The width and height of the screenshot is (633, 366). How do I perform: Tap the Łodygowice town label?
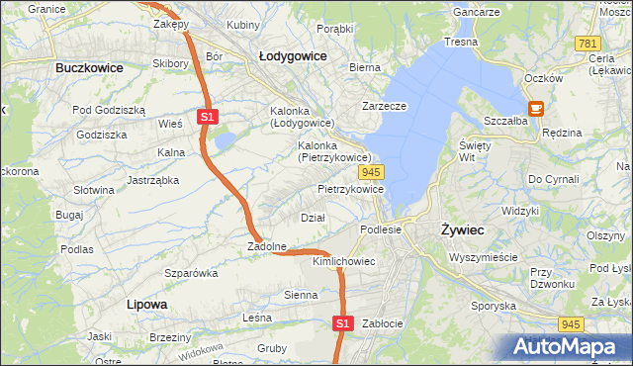[x=293, y=56]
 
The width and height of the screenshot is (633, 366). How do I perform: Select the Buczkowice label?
[x=89, y=68]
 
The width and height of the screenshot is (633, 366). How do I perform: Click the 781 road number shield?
[x=588, y=44]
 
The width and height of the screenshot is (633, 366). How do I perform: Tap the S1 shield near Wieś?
[x=207, y=117]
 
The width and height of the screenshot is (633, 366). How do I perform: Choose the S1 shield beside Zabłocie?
[x=342, y=322]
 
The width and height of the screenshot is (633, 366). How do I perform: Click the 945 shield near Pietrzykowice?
[x=387, y=172]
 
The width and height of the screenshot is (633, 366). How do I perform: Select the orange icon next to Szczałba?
[x=536, y=109]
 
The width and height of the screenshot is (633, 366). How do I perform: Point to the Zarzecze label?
[x=386, y=105]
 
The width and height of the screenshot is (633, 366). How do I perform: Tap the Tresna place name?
[x=461, y=42]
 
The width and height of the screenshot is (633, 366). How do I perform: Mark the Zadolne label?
[x=266, y=246]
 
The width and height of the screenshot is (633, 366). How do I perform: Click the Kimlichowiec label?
[x=343, y=262]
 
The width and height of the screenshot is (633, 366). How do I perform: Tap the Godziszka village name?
[x=102, y=135]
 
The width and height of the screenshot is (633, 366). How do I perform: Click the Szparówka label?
[x=191, y=272]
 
